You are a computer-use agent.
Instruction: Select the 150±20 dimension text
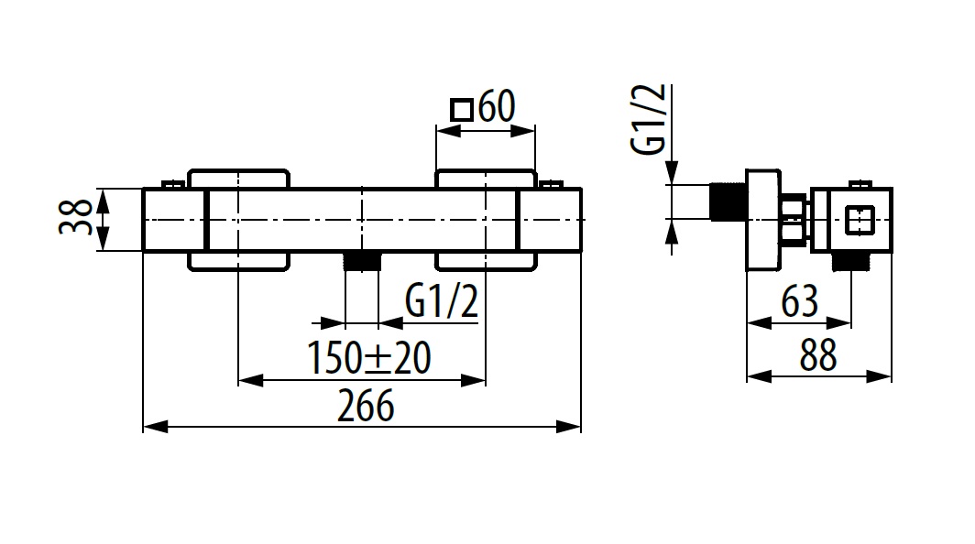point(369,358)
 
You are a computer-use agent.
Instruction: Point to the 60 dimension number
point(496,108)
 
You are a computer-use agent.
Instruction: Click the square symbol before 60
point(462,110)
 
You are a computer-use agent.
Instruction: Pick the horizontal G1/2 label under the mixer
point(442,303)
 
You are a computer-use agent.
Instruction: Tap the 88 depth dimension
point(817,356)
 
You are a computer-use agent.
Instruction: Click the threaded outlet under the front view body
point(362,261)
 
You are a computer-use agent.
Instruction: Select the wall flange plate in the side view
point(761,220)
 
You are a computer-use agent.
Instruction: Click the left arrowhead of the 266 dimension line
point(152,427)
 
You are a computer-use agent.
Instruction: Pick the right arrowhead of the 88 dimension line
point(884,376)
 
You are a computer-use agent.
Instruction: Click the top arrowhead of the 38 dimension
point(104,196)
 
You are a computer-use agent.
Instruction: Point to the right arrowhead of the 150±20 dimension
point(477,378)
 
